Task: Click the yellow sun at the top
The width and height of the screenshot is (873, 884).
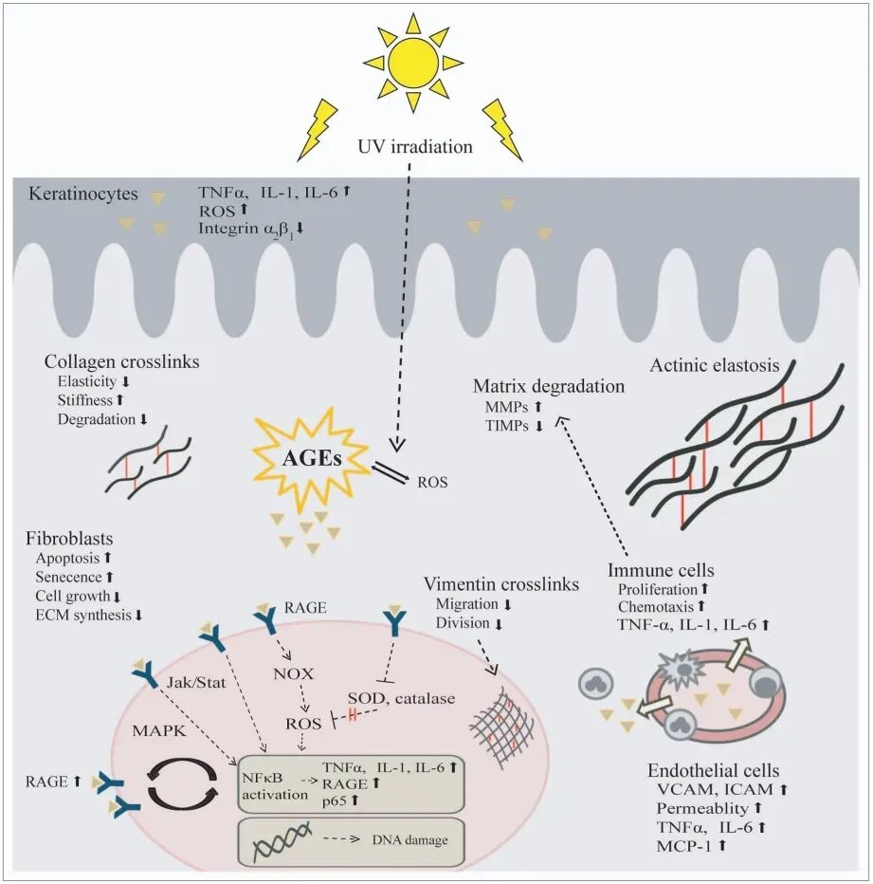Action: tap(412, 63)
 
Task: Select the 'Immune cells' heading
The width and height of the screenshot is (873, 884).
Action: tap(662, 571)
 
